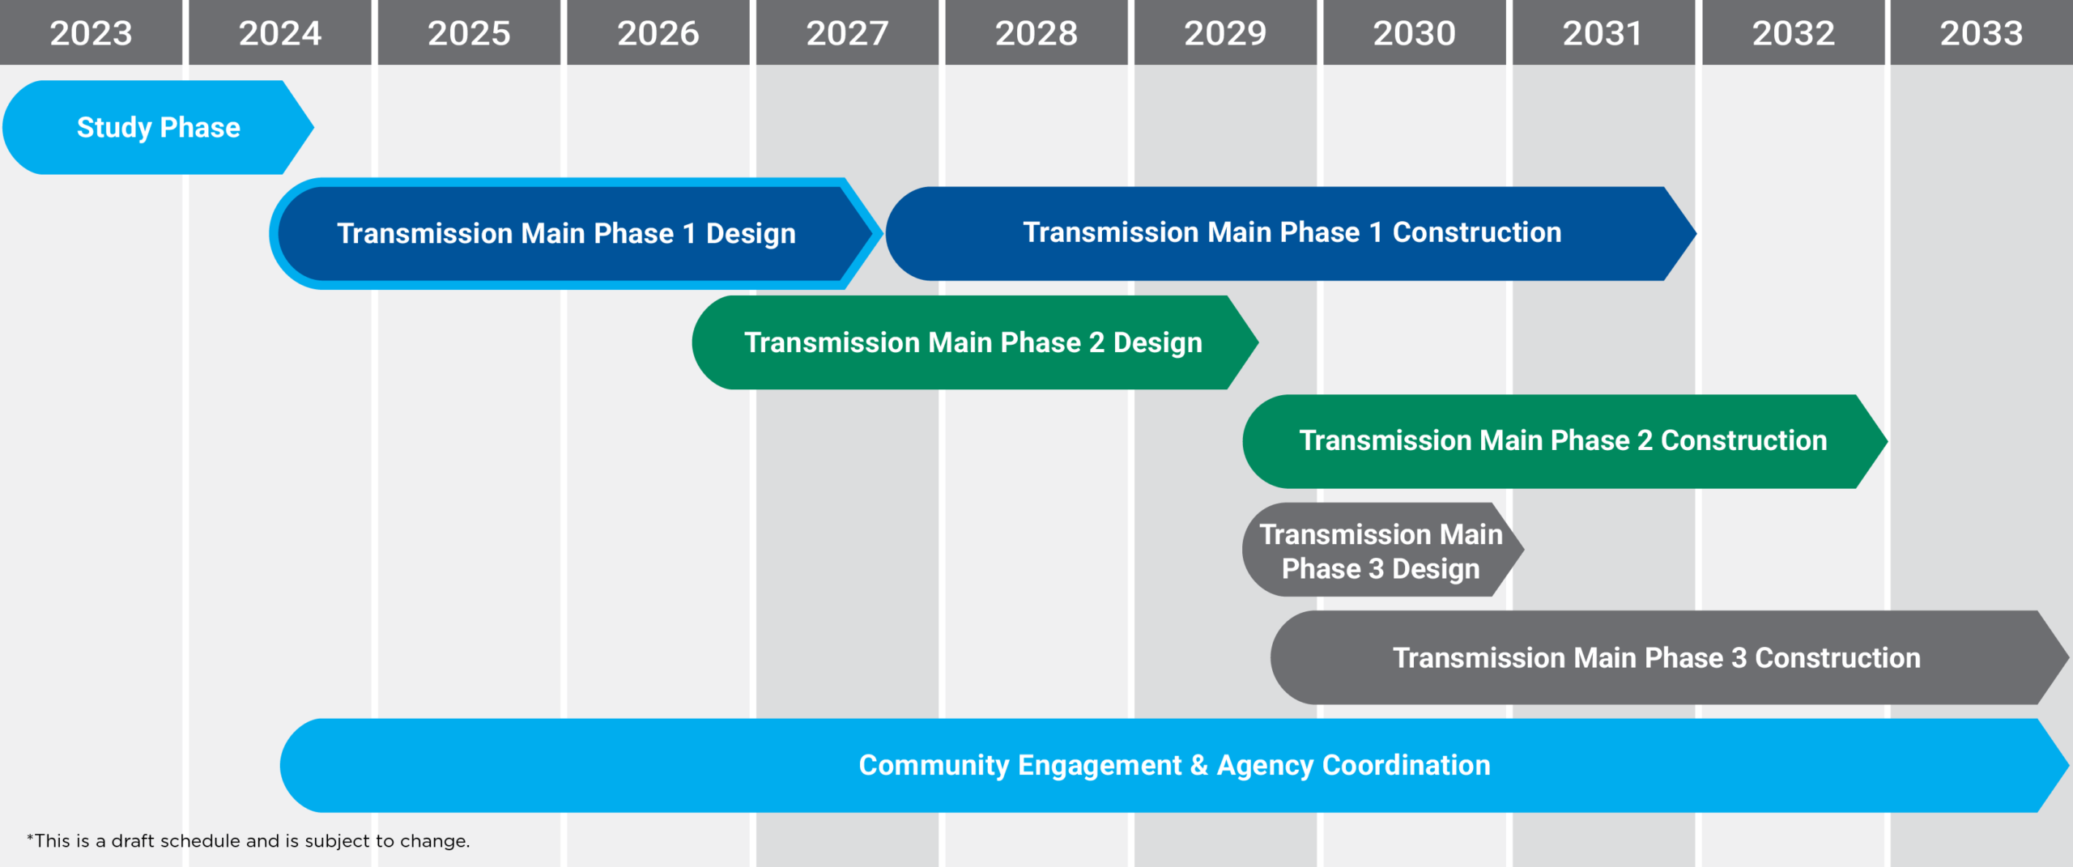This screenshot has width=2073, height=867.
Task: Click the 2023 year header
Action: (91, 32)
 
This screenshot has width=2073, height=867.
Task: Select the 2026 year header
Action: (658, 32)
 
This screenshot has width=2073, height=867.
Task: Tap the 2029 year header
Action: (1225, 32)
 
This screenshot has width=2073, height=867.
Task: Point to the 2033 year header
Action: (1981, 32)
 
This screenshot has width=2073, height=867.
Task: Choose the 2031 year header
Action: (1603, 32)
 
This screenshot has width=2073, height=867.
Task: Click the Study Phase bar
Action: (158, 127)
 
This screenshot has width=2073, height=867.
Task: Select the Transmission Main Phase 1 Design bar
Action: (576, 234)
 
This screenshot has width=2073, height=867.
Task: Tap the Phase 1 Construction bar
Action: (1291, 233)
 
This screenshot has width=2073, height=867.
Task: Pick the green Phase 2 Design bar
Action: (975, 342)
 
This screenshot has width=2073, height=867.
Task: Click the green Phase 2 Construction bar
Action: (1565, 441)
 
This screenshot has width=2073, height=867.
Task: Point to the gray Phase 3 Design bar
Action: (1383, 550)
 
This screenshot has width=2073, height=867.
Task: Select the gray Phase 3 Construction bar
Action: (1670, 657)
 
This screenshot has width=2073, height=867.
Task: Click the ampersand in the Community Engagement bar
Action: (1199, 766)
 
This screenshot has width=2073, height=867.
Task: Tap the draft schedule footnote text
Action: (248, 841)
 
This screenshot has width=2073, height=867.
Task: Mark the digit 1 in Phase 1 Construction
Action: (1375, 232)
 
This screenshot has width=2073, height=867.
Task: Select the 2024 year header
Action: (280, 32)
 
